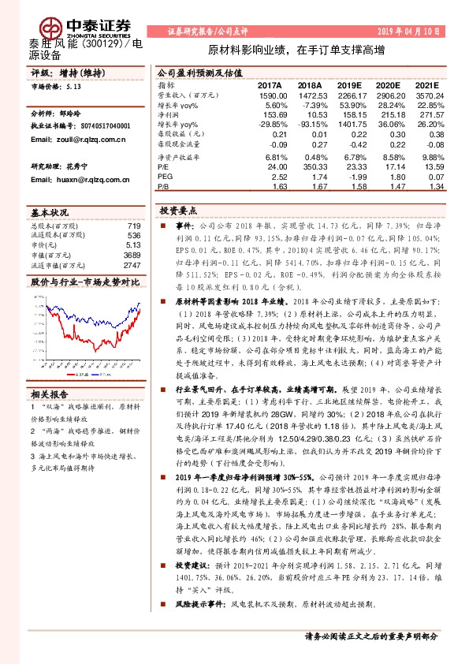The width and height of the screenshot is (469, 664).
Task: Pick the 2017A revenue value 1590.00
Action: [x=267, y=93]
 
